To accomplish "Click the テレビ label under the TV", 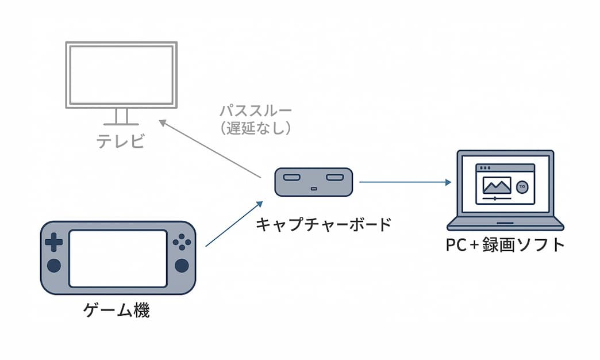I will pos(120,141).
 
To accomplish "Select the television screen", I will pos(121,74).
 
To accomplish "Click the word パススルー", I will pos(255,110).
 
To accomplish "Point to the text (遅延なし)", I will pos(255,128).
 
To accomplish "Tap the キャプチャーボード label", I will pos(323,224).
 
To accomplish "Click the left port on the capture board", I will pos(291,178).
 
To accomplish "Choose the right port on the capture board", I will pos(334,178).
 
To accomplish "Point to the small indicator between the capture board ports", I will pos(313,189).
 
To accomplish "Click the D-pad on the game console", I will pos(54,242).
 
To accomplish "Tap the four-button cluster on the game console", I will pos(182,242).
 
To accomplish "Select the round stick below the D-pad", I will pos(54,265).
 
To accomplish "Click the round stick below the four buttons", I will pos(182,265).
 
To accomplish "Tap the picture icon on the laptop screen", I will pos(497,185).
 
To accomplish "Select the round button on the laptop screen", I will pos(522,187).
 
